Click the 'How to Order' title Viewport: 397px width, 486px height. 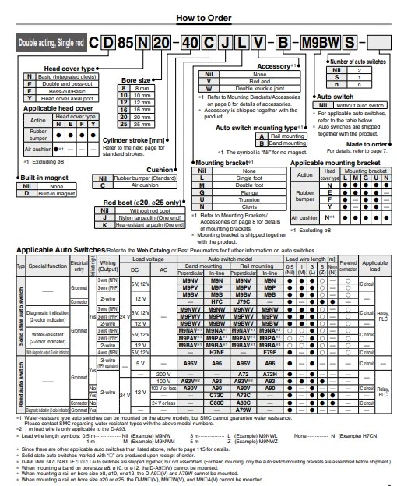coord(198,17)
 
